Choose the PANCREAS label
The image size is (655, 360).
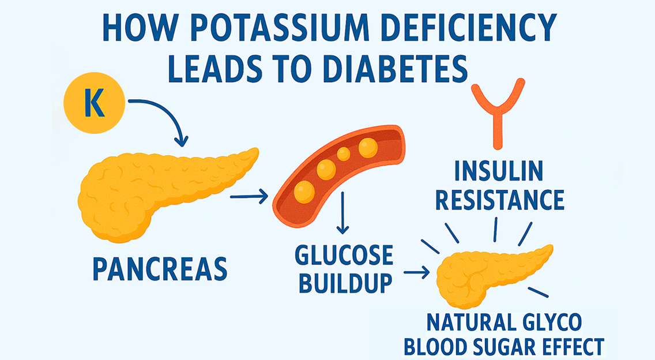click(x=159, y=268)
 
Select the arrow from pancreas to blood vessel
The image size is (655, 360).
click(x=249, y=198)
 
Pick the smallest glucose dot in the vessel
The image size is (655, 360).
click(x=343, y=154)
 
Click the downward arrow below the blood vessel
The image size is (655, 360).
click(x=343, y=213)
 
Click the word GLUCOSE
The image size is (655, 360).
click(x=344, y=255)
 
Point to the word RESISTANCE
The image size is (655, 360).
click(x=499, y=200)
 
